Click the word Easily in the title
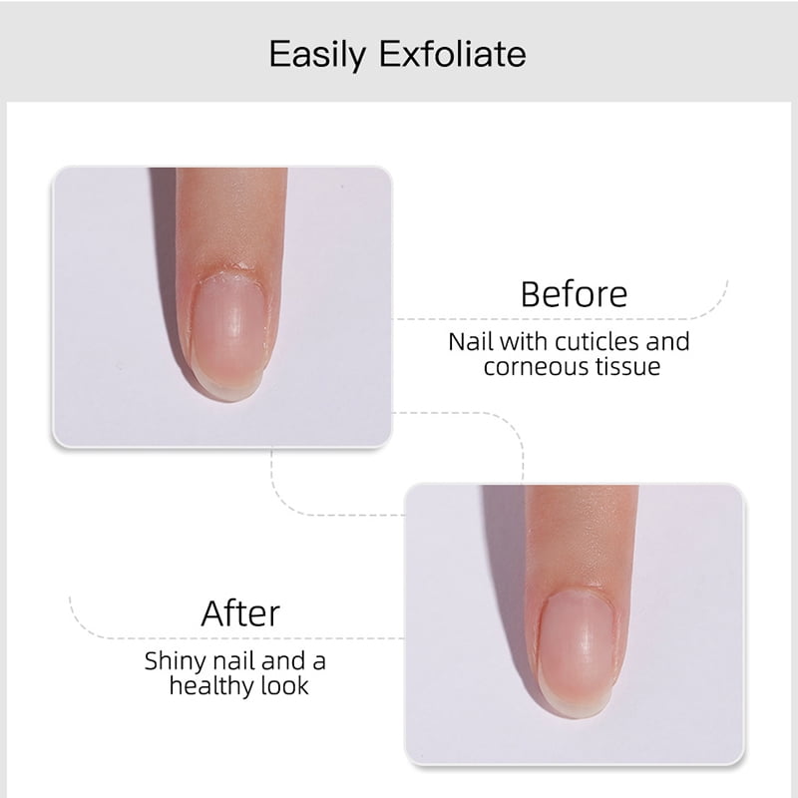pyautogui.click(x=316, y=53)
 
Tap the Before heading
pyautogui.click(x=574, y=294)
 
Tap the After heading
pyautogui.click(x=240, y=612)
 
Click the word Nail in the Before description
pyautogui.click(x=470, y=342)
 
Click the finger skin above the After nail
pyautogui.click(x=581, y=539)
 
